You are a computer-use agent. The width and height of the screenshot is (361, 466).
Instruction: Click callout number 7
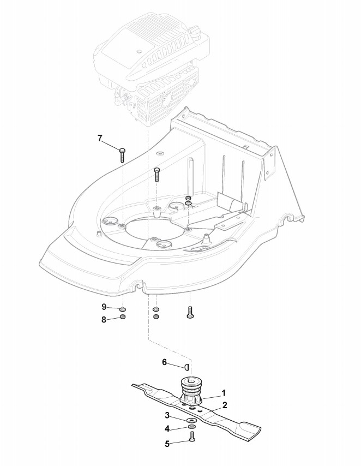[100, 139]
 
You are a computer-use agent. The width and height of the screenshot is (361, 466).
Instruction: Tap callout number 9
[103, 307]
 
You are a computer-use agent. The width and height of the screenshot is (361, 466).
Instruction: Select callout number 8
[103, 320]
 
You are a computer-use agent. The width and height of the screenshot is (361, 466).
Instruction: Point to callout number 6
[164, 362]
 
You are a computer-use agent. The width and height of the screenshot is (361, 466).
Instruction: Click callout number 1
[223, 392]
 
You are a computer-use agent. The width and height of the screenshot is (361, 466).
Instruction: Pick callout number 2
[224, 405]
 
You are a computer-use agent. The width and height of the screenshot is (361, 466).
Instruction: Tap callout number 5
[167, 444]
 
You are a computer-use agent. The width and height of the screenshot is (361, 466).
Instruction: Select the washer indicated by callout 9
[123, 310]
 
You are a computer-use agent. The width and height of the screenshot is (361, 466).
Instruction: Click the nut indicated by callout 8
[123, 317]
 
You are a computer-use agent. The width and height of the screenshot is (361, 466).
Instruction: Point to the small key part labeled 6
[186, 366]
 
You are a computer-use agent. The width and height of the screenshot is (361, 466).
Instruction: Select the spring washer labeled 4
[192, 427]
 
